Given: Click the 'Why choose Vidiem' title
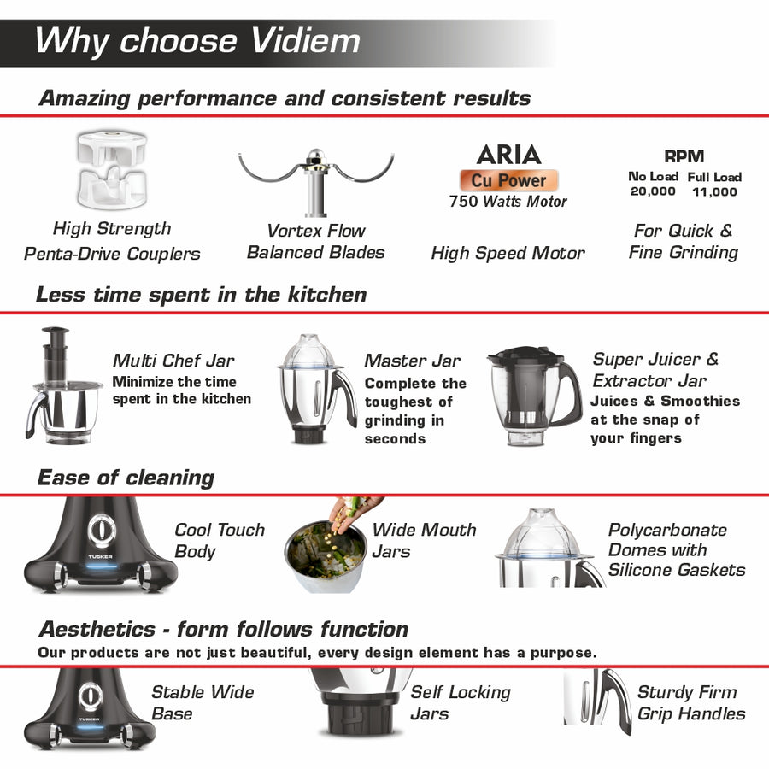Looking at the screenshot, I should point(197,40).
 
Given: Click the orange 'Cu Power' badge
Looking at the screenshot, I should point(509,180).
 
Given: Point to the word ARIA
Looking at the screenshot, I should point(508,155).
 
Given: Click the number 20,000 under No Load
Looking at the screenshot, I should point(652,191).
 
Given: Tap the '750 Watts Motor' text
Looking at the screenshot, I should point(508,202).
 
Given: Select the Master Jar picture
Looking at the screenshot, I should point(315,389).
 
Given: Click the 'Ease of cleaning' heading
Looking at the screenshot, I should point(125,477).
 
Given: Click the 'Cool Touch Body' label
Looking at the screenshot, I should point(219,541).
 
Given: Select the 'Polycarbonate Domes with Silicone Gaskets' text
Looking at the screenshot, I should point(676,549).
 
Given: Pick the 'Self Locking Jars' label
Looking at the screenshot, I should point(460,702).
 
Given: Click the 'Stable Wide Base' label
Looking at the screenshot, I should point(203,702).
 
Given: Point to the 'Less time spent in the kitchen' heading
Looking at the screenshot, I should point(201,295).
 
